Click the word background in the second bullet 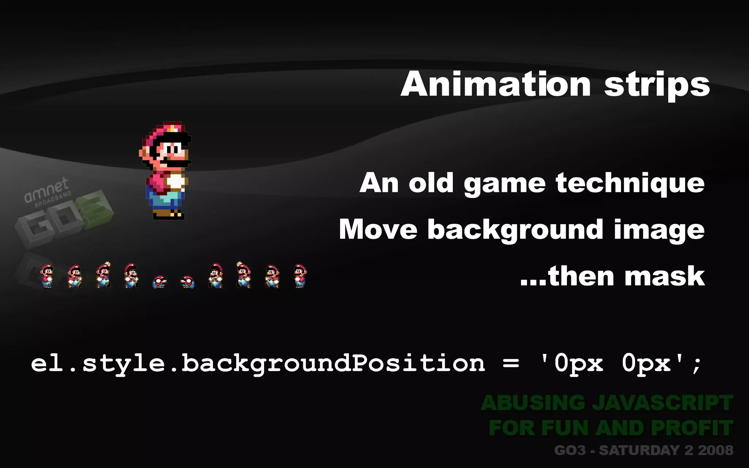point(515,230)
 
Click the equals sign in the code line point(511,363)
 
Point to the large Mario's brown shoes point(168,214)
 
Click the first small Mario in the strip point(47,276)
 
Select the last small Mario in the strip point(300,276)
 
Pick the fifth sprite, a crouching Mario point(159,282)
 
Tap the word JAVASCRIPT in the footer point(662,403)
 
